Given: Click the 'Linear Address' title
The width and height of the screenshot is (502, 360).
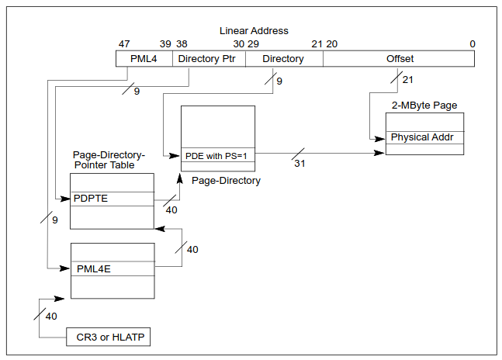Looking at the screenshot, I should [x=254, y=30].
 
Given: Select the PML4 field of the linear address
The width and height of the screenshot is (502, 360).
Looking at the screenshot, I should [x=144, y=58].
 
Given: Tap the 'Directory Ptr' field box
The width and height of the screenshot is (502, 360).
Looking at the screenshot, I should [x=206, y=58].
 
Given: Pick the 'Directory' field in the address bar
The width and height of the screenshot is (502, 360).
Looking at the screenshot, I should [x=283, y=58].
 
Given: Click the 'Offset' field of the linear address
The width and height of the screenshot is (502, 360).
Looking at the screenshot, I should [x=400, y=58].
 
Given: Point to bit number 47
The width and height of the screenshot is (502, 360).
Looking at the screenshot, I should [x=124, y=43].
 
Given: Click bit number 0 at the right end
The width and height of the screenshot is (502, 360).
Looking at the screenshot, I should [x=472, y=43].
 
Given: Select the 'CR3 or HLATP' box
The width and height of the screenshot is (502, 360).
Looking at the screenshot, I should [x=107, y=337].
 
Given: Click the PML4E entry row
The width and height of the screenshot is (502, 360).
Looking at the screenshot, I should [x=113, y=268].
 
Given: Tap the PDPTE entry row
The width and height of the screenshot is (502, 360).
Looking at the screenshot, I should [x=112, y=199].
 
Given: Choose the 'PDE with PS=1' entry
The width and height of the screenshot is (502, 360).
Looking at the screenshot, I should [x=217, y=156].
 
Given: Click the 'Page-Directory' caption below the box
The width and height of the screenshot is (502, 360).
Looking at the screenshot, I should [x=225, y=181].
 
